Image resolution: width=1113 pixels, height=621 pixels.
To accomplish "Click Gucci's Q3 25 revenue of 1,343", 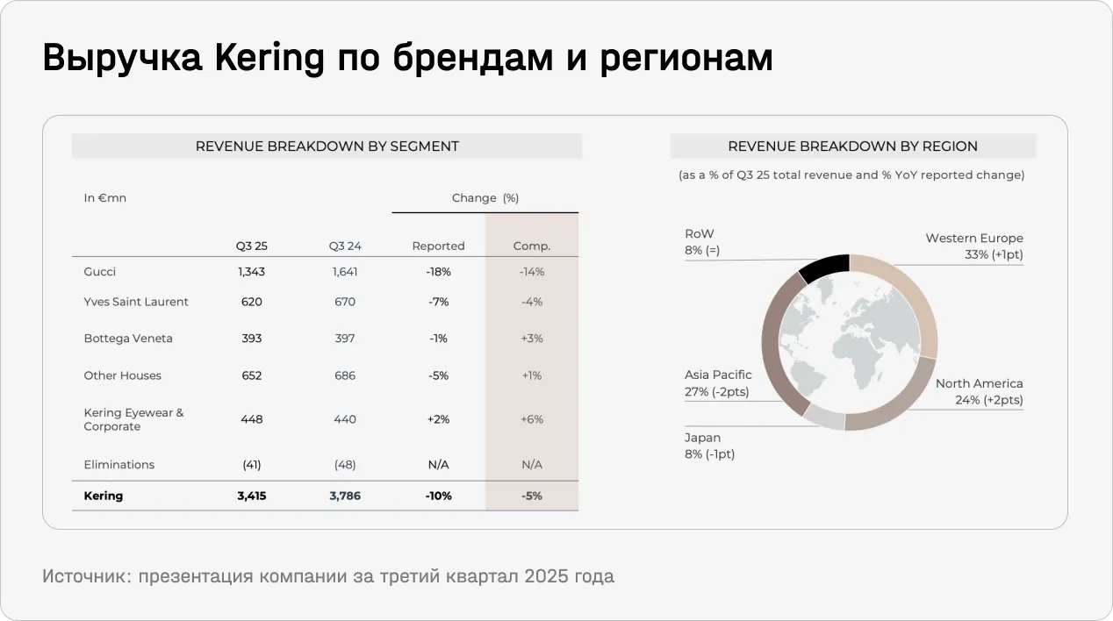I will (251, 272).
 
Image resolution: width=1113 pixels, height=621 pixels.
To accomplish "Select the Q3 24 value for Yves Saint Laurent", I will (345, 302).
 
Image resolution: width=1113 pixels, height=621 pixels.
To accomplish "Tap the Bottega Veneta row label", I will (128, 339).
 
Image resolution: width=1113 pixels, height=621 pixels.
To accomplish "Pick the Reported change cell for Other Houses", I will (439, 375).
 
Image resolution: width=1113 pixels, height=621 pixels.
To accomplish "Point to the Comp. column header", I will (531, 246).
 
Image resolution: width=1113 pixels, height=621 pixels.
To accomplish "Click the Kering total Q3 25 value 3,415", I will (251, 496).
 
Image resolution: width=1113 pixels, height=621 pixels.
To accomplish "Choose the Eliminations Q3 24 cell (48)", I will (345, 465).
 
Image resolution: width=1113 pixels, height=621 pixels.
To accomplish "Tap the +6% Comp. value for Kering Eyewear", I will (531, 419).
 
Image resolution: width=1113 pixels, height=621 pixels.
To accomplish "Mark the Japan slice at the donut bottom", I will (824, 418).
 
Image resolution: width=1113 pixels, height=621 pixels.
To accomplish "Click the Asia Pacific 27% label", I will (717, 383).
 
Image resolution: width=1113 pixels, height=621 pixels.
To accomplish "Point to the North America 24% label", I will (979, 392).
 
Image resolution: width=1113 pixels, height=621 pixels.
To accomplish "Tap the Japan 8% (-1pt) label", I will (709, 446).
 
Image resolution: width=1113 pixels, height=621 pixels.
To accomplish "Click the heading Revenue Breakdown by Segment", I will (327, 146).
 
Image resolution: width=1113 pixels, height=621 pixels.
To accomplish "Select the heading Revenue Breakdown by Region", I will (852, 146).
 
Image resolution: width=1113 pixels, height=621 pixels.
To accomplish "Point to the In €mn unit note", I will (105, 198).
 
